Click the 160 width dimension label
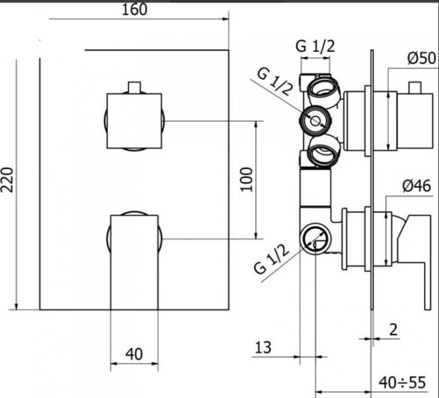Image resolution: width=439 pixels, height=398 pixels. click(135, 10)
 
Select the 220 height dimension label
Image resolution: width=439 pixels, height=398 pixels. click(7, 180)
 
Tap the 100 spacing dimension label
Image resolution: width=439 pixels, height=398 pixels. click(247, 179)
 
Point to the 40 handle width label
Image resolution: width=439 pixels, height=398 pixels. click(134, 354)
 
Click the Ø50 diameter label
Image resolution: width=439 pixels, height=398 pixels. click(421, 59)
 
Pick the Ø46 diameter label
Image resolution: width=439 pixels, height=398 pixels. click(417, 186)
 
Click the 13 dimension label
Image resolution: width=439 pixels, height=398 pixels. click(263, 348)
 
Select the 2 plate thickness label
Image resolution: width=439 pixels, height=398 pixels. click(394, 330)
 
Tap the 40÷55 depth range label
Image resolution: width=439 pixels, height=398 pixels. click(402, 383)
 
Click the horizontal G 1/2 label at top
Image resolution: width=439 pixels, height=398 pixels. click(315, 47)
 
